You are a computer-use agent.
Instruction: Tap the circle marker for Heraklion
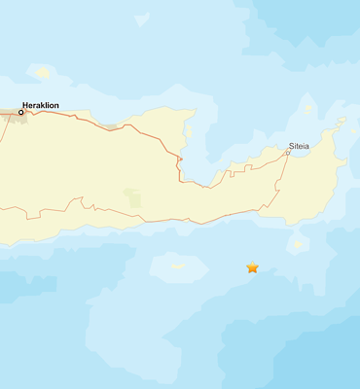pos(21,112)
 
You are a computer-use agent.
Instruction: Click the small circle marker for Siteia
pos(287,153)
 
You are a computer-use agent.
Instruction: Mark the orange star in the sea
pos(253,267)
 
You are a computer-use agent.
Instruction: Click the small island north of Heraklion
pos(42,72)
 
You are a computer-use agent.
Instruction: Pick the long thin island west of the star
pos(178,265)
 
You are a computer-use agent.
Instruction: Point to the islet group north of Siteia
pos(308,107)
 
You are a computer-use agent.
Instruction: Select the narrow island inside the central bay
pos(189,131)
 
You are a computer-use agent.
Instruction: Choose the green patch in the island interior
pos(133,199)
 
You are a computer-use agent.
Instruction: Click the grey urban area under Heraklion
pos(12,116)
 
